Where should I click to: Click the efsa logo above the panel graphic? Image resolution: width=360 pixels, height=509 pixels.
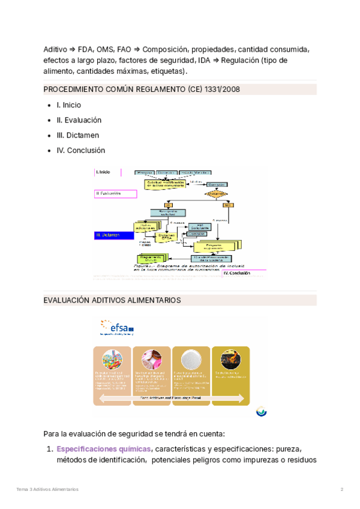tap(118, 328)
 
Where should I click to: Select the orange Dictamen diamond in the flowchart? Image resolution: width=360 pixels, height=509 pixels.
tap(215, 193)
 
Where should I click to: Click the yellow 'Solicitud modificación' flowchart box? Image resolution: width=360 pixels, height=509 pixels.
tap(163, 185)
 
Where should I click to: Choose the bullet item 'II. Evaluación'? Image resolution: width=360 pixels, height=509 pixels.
tap(79, 120)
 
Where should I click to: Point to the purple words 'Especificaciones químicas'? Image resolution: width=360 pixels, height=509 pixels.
tap(104, 448)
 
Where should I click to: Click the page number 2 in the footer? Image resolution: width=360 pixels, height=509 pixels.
tap(341, 489)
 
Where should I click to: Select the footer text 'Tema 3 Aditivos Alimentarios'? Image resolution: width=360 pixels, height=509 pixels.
tap(47, 489)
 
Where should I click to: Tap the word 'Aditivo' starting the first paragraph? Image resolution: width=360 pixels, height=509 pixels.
tap(55, 49)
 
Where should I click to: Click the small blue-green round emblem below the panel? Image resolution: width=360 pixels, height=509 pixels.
tap(261, 411)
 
